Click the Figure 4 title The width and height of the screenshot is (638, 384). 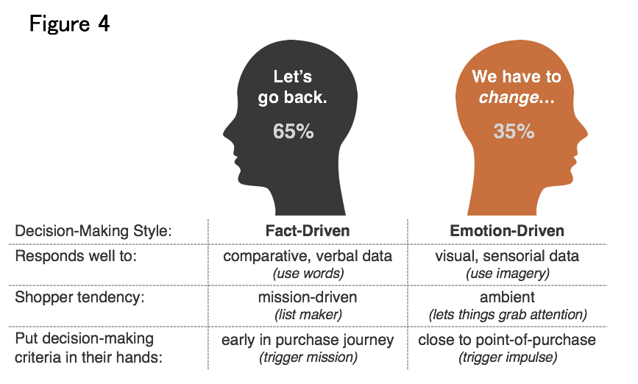(x=70, y=24)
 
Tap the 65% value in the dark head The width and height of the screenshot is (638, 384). (x=294, y=132)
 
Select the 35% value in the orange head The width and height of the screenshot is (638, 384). (x=514, y=132)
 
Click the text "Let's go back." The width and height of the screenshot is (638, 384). (x=293, y=87)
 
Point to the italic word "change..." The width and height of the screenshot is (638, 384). (x=517, y=98)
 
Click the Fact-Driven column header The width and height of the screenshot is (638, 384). (x=308, y=231)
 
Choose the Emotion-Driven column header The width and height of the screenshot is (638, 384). (x=507, y=231)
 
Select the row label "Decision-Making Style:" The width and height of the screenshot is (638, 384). (x=93, y=231)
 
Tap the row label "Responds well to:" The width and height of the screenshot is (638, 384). (x=76, y=256)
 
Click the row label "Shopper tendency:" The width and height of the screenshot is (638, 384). (x=79, y=297)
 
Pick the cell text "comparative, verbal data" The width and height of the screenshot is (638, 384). (x=308, y=256)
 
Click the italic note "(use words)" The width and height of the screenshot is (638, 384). (x=308, y=274)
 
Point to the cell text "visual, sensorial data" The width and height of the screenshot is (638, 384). (x=507, y=256)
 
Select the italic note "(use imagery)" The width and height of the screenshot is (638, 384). (x=508, y=274)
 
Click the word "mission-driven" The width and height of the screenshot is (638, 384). (x=308, y=297)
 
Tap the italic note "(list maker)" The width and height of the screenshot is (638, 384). (x=308, y=315)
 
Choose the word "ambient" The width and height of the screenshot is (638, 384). (x=508, y=297)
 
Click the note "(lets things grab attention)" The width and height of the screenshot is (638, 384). (x=508, y=315)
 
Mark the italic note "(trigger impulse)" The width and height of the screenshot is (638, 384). (x=508, y=358)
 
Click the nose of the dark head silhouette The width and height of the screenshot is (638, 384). (x=225, y=133)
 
